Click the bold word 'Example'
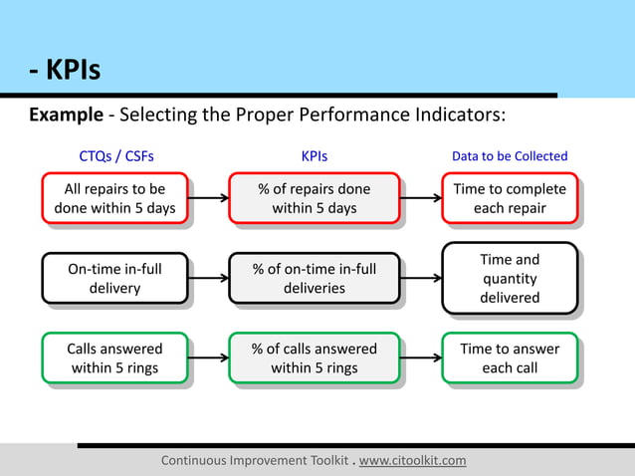click(66, 115)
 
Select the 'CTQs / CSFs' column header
click(116, 156)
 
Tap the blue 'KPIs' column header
click(315, 156)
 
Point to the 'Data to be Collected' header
click(510, 156)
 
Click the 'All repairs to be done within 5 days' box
click(114, 198)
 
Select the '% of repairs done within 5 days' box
click(315, 198)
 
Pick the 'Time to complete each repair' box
click(510, 198)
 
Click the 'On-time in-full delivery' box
click(114, 278)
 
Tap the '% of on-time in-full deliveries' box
click(315, 278)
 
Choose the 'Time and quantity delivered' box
click(510, 279)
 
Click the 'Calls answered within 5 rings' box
click(114, 358)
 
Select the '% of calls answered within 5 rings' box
click(315, 358)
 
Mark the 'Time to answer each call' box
click(510, 358)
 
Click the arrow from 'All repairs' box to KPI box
click(208, 198)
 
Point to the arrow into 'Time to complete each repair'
click(421, 198)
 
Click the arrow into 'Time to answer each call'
click(421, 358)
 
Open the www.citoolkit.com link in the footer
click(412, 460)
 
